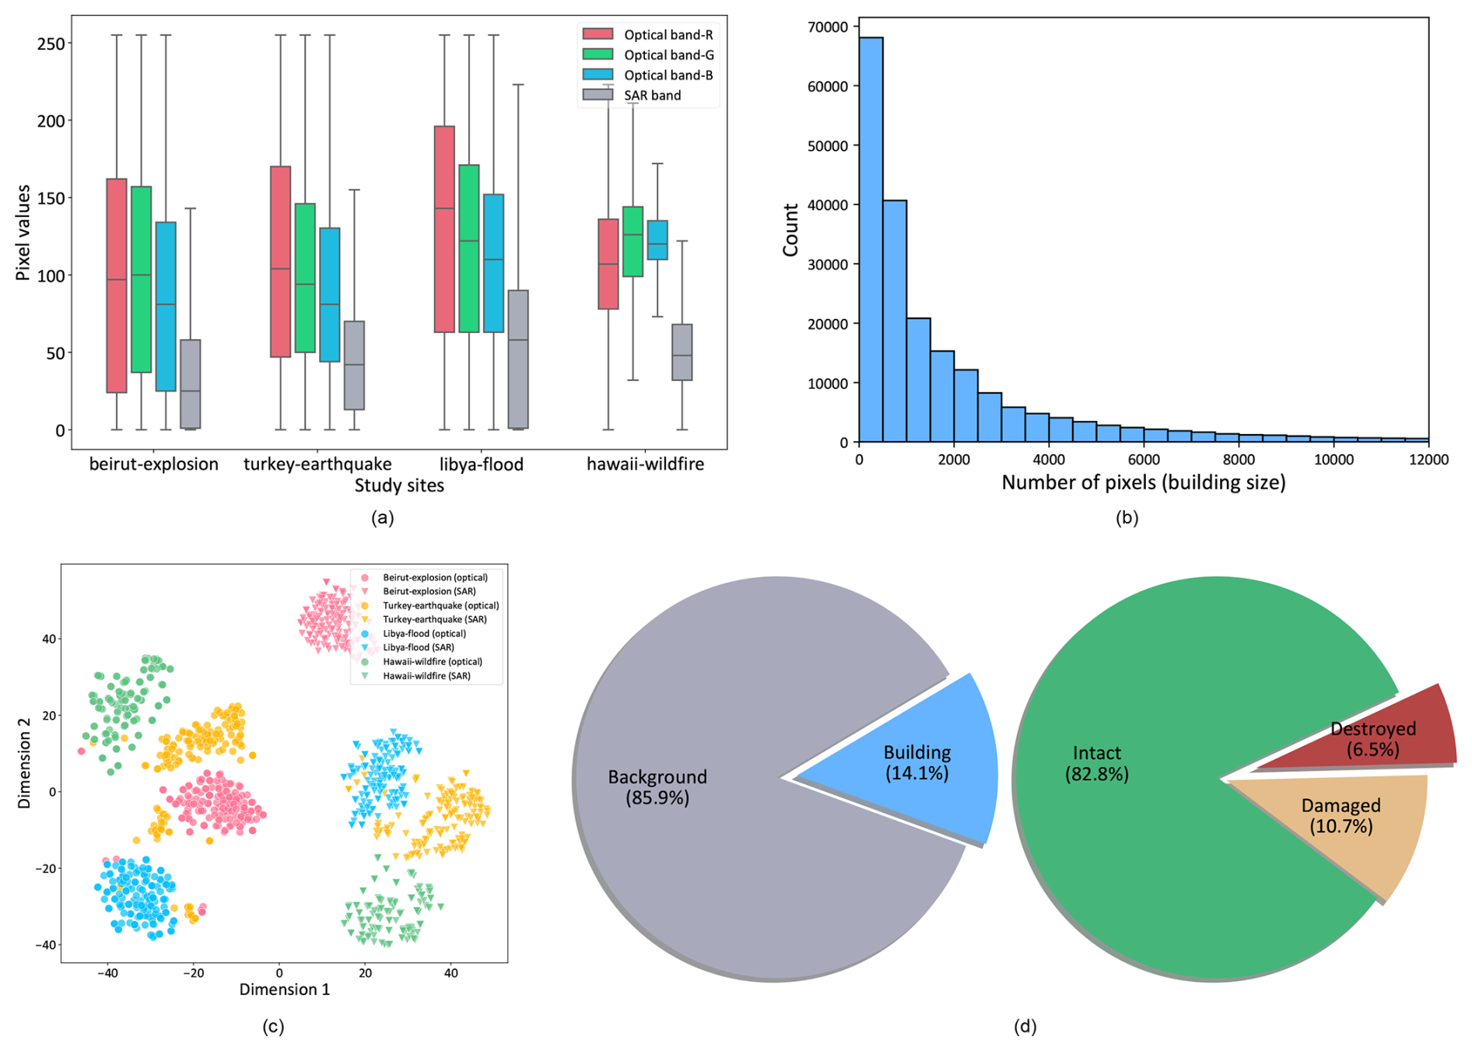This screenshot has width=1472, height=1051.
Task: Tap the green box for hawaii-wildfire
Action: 633,241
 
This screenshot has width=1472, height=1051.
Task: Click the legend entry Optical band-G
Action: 668,55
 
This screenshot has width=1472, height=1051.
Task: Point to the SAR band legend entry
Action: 652,96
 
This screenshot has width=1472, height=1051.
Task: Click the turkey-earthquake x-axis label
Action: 317,464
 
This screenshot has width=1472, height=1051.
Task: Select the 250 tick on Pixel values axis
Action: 51,43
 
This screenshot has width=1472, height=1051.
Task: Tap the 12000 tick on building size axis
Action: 1428,460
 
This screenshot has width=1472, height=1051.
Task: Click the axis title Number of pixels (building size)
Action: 1143,483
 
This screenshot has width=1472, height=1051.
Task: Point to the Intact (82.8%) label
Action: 1096,763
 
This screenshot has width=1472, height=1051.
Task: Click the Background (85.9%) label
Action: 657,786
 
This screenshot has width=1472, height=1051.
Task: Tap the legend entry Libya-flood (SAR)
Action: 419,647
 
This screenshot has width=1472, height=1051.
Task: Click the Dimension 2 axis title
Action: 25,762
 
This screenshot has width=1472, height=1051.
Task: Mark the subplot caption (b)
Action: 1127,517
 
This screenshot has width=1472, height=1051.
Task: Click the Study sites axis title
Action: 399,486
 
